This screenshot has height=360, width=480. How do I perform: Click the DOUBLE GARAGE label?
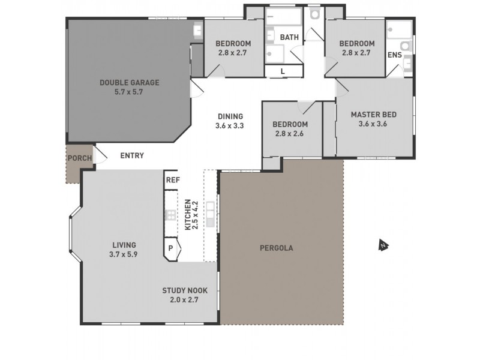coord(130,83)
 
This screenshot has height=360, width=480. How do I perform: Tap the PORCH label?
coord(80,158)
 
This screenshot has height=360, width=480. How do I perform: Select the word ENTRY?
coord(132,156)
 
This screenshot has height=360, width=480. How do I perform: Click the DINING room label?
coord(230,116)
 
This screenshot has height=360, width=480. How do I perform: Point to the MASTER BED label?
coord(374,115)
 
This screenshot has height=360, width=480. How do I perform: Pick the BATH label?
coord(290,37)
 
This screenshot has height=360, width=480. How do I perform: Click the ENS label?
coord(394,55)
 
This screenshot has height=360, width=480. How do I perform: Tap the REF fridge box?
coord(173,179)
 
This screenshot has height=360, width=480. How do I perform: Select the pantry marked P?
coord(170,247)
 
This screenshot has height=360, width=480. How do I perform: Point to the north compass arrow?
coord(382,244)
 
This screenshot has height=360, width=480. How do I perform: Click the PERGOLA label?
coord(276,247)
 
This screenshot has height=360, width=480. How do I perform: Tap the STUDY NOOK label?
coord(184,290)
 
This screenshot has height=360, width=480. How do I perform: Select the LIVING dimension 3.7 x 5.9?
coord(124,254)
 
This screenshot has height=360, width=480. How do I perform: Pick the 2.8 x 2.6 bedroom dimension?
coord(290,134)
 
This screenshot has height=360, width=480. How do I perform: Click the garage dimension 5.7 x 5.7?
coord(130,92)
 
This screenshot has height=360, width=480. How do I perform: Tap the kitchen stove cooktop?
coord(170,215)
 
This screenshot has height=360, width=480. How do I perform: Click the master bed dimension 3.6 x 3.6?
coord(374,124)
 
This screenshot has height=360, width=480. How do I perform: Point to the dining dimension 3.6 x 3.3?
coord(230,126)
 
